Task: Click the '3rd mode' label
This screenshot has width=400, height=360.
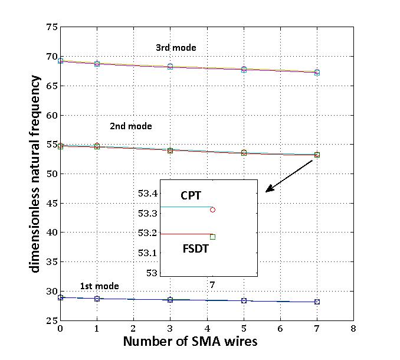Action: [x=176, y=47]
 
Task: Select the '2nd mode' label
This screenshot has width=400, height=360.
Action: [x=130, y=126]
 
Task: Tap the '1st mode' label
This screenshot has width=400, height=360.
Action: [x=100, y=286]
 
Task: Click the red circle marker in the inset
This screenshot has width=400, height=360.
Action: [x=212, y=210]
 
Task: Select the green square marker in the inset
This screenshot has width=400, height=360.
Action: [x=212, y=237]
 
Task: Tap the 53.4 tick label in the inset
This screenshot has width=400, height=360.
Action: [x=148, y=194]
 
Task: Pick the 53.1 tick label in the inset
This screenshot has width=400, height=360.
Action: [x=148, y=253]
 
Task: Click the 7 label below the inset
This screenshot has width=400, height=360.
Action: [x=212, y=285]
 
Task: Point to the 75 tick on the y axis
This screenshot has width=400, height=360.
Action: [x=51, y=27]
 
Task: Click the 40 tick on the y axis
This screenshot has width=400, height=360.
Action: [x=51, y=233]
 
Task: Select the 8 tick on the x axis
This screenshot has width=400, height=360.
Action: [x=353, y=329]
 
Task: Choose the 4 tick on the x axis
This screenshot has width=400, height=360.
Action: [x=207, y=329]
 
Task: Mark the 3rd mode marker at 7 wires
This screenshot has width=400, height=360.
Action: [x=317, y=72]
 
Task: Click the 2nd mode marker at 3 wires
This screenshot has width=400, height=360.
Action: [x=170, y=150]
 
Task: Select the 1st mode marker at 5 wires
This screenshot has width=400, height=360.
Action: [x=244, y=300]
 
